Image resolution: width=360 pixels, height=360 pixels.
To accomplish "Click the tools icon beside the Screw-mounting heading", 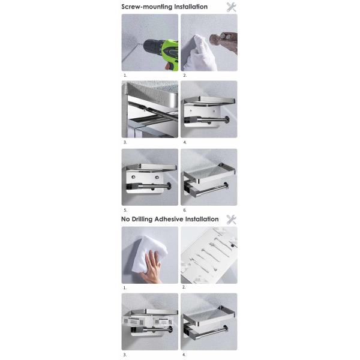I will tap(231, 7).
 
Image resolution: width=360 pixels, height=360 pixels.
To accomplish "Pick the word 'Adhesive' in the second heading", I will tap(162, 219).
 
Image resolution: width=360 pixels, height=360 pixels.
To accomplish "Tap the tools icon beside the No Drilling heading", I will tap(231, 220).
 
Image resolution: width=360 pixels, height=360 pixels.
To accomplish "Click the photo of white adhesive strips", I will tap(209, 255).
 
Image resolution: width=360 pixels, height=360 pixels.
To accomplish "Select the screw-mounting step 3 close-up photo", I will tap(150, 110).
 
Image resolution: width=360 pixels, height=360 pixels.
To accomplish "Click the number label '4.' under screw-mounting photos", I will tap(185, 142).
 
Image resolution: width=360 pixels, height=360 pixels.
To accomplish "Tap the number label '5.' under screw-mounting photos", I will tap(125, 210).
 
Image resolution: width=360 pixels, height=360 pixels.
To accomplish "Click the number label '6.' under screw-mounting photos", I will tap(185, 210).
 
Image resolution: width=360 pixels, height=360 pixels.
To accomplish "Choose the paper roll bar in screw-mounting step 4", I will tap(216, 120).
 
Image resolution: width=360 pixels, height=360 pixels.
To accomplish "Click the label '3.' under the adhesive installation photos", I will tap(125, 355).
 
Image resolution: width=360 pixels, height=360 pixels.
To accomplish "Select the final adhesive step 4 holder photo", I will tap(209, 322).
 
